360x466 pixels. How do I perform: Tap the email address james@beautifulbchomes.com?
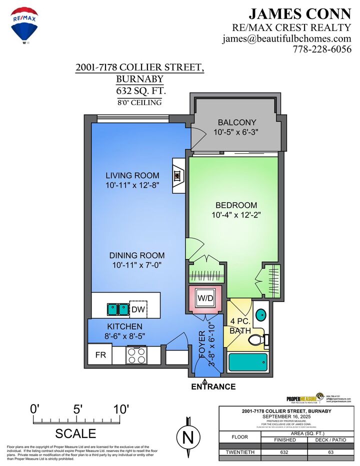pyautogui.click(x=286, y=38)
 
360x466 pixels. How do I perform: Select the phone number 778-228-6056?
pyautogui.click(x=322, y=49)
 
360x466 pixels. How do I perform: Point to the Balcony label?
pyautogui.click(x=237, y=122)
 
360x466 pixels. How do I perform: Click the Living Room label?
pyautogui.click(x=132, y=175)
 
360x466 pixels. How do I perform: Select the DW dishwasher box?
pyautogui.click(x=138, y=310)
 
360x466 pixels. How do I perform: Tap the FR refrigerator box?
pyautogui.click(x=100, y=355)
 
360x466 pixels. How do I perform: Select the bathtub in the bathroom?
pyautogui.click(x=248, y=362)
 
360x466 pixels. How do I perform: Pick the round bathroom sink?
pyautogui.click(x=260, y=315)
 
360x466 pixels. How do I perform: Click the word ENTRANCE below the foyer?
pyautogui.click(x=213, y=386)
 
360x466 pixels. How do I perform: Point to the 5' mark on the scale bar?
pyautogui.click(x=77, y=409)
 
